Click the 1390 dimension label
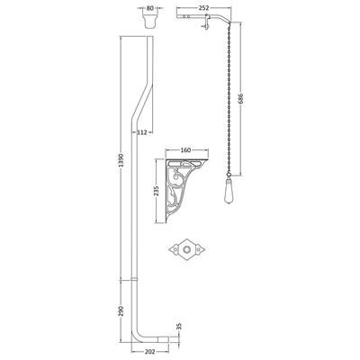(x=121, y=160)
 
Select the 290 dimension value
(x=121, y=310)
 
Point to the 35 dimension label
(x=180, y=327)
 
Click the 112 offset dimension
(x=142, y=132)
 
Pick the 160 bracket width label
(x=186, y=150)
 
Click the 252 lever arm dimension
(x=203, y=8)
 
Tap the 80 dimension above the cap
(x=149, y=8)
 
